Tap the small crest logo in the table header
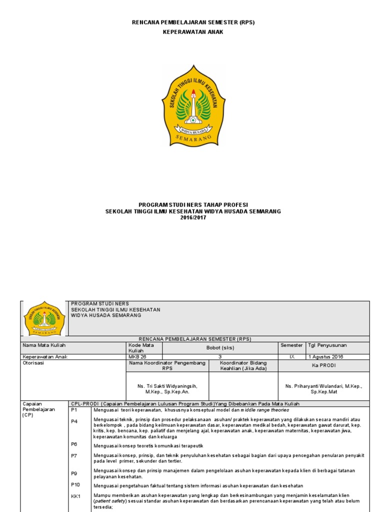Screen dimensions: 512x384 click(44, 318)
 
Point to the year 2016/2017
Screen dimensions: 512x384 click(193, 218)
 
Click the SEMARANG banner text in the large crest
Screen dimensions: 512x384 click(193, 137)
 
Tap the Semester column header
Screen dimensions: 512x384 click(291, 345)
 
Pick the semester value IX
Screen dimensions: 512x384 click(292, 357)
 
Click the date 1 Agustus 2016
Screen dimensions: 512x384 click(325, 357)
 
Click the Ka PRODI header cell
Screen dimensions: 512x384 click(323, 365)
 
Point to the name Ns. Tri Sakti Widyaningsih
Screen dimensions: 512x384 click(167, 386)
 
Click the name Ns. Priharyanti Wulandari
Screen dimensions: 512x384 click(323, 386)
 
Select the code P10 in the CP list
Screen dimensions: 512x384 click(75, 484)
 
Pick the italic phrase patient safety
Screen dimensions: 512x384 click(110, 500)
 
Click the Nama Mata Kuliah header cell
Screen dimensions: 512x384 click(44, 345)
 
